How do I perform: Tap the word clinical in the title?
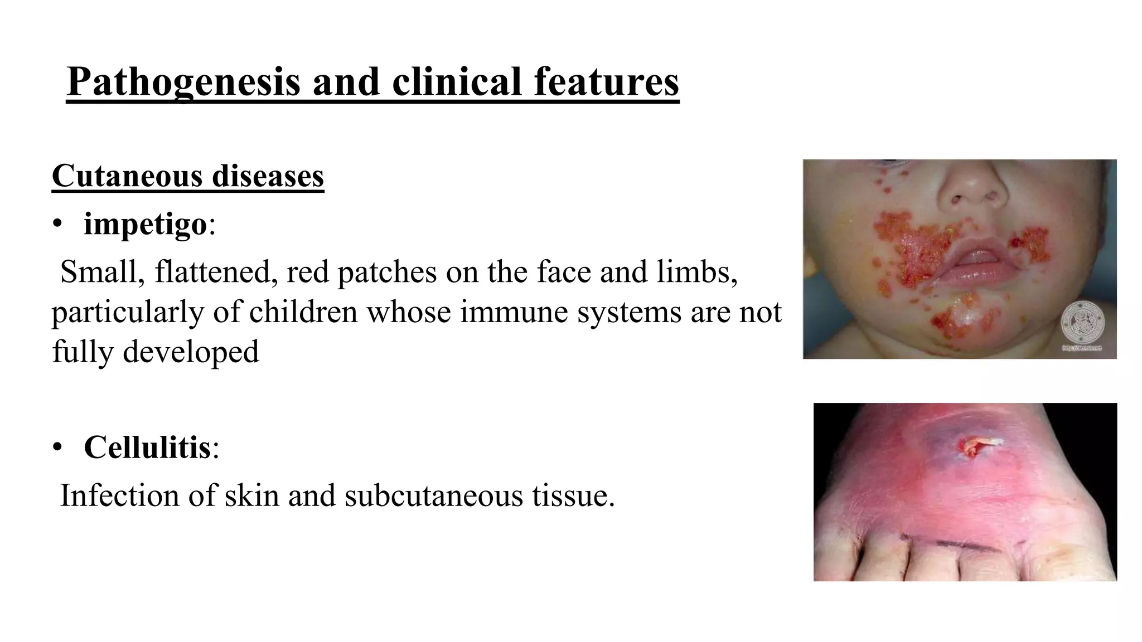pyautogui.click(x=457, y=81)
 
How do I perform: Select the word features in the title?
pyautogui.click(x=606, y=81)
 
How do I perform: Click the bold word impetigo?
pyautogui.click(x=145, y=225)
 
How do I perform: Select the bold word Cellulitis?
pyautogui.click(x=147, y=447)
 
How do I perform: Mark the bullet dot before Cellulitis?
pyautogui.click(x=57, y=447)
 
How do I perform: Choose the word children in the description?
pyautogui.click(x=303, y=312)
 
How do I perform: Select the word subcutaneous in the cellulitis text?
pyautogui.click(x=434, y=495)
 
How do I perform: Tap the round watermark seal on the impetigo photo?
pyautogui.click(x=1082, y=323)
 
